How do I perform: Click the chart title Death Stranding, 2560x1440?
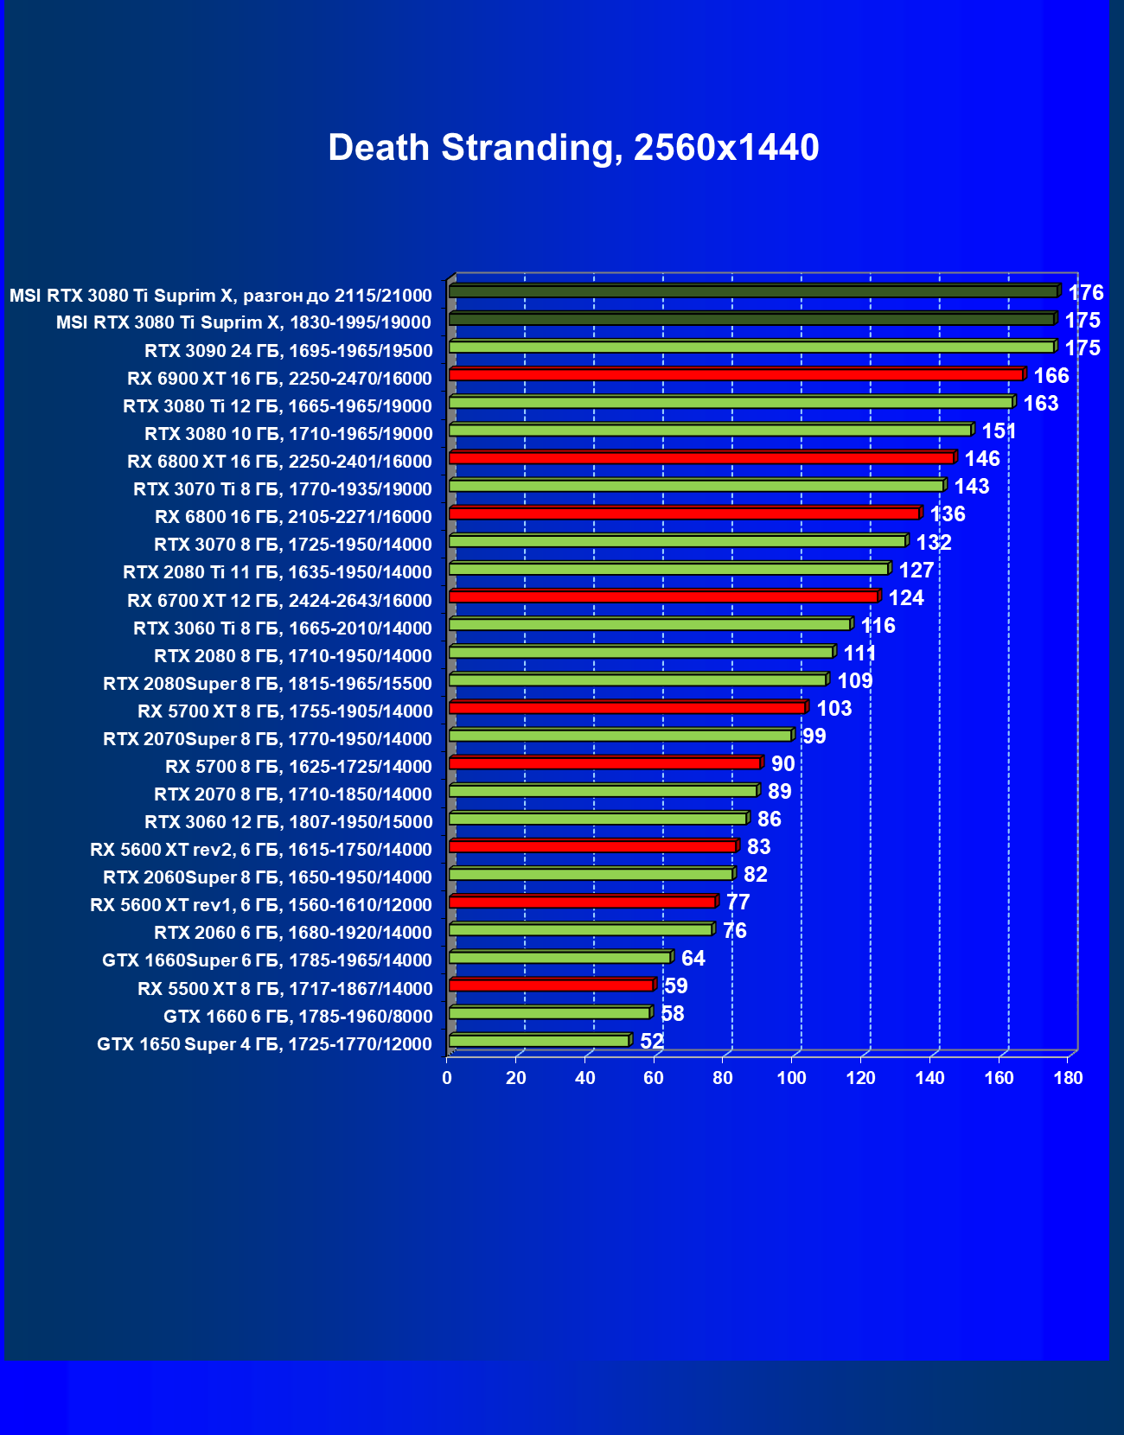point(573,148)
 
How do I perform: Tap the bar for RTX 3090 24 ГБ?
point(750,347)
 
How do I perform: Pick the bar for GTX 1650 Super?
point(539,1041)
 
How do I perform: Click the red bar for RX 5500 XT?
point(551,985)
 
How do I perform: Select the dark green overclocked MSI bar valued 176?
point(752,291)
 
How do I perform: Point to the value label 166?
point(1051,376)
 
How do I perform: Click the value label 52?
point(652,1042)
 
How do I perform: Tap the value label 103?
point(834,709)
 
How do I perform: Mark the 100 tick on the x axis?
point(792,1078)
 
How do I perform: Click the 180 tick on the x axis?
point(1069,1078)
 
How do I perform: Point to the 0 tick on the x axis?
point(447,1078)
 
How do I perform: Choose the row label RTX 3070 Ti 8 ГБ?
point(283,489)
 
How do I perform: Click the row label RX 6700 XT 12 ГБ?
point(279,601)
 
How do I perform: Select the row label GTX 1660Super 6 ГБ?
point(267,960)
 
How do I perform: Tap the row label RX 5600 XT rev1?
point(261,905)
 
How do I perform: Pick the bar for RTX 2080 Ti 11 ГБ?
point(668,569)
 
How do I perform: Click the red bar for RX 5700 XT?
point(627,707)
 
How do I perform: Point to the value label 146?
point(982,459)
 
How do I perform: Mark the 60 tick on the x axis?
point(654,1078)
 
